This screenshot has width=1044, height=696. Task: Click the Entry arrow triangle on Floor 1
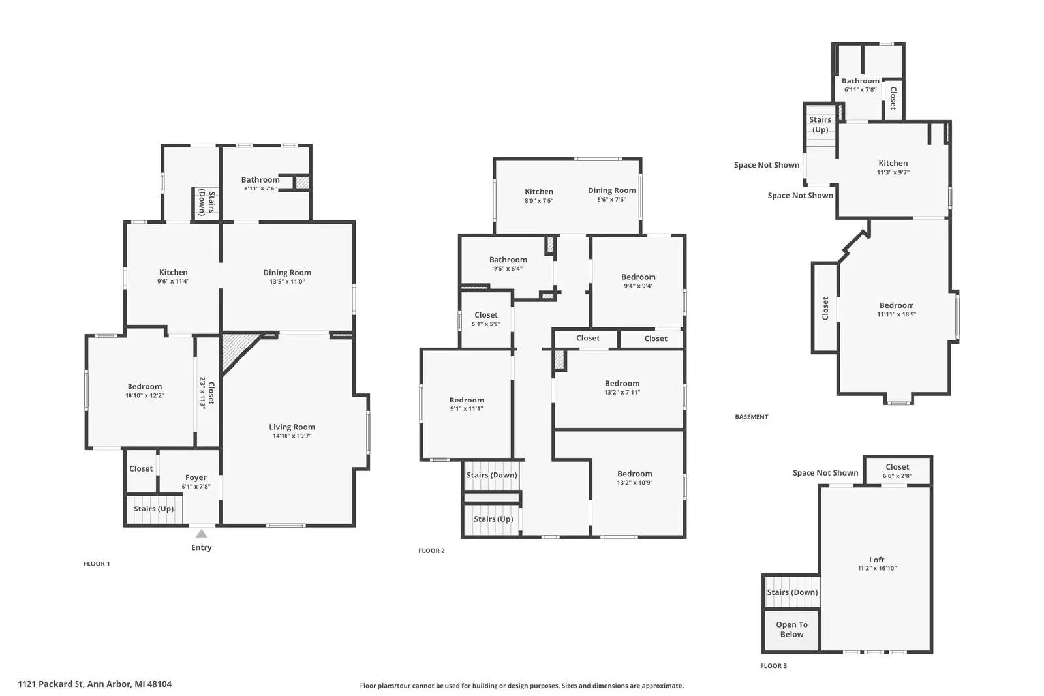(202, 534)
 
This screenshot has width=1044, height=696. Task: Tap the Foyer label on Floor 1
(196, 477)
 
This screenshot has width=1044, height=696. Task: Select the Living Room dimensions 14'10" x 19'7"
(292, 436)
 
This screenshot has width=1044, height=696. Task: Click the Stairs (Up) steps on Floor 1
(154, 509)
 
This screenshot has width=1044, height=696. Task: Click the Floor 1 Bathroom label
(260, 180)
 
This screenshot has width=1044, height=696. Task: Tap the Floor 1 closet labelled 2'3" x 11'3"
(207, 392)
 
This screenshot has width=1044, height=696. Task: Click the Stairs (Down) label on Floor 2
(491, 475)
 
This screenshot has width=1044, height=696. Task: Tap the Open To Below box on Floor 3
(791, 629)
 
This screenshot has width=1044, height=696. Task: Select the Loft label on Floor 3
(877, 560)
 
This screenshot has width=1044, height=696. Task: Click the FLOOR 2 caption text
(431, 551)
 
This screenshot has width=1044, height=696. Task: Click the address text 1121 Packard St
(95, 684)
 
